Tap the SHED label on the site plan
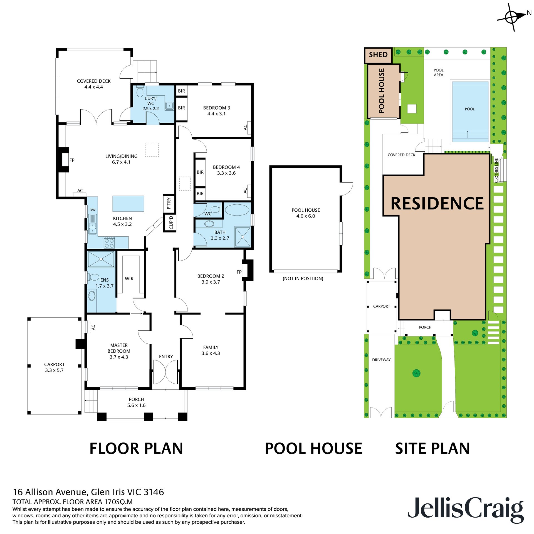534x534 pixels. pos(378,55)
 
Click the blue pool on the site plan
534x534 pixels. pos(470,112)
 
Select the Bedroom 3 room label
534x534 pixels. pos(217,108)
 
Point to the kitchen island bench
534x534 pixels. pos(128,204)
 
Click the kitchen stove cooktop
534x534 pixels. pos(109,243)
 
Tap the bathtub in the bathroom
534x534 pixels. pos(237,210)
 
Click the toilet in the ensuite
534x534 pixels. pos(93,277)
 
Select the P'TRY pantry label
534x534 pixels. pos(169,203)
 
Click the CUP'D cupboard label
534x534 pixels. pos(171,222)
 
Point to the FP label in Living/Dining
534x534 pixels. pos(72,160)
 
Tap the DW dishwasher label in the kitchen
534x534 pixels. pos(93,210)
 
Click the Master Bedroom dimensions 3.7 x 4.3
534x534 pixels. pos(119,357)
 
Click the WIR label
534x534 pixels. pos(129,278)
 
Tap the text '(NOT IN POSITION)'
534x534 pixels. pos(303,278)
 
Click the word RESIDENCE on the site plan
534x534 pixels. pos(437,203)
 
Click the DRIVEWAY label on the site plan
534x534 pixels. pos(381,360)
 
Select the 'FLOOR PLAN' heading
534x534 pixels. pos(136,449)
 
